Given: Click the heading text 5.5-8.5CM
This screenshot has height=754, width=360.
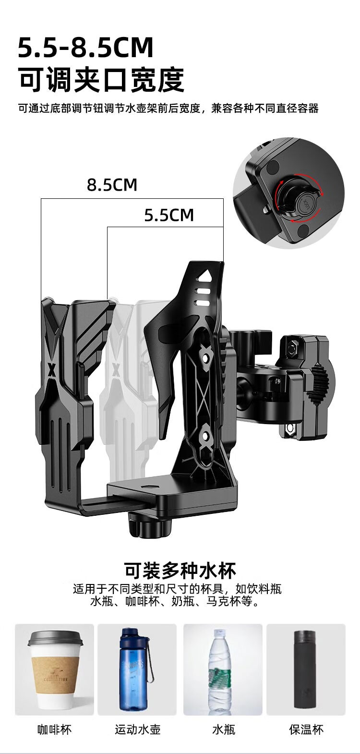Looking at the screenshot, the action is coord(85,48).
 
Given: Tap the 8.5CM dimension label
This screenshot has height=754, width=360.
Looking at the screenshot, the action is coord(112,185).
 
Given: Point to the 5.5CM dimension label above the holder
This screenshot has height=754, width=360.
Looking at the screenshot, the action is coord(169,215).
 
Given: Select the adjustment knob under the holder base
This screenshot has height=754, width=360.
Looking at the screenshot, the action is coord(150,526).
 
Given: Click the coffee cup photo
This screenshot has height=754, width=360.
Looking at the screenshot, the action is coord(55,670).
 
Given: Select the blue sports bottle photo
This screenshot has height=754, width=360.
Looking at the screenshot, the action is coord(137,670).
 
